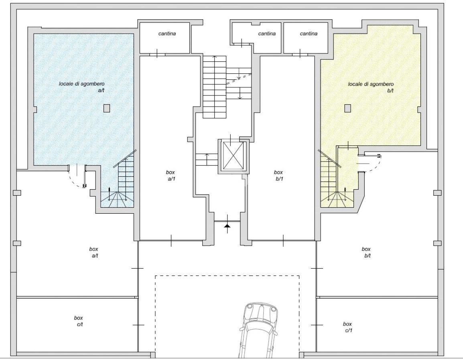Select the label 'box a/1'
[x=171, y=176]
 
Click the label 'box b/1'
[x=278, y=176]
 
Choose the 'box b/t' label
[x=366, y=253]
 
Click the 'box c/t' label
[x=79, y=321]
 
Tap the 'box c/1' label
[x=348, y=327]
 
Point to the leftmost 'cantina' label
[x=167, y=34]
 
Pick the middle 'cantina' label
[x=267, y=34]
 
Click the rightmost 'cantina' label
[x=309, y=34]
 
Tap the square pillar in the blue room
[x=107, y=108]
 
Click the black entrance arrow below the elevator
[x=227, y=225]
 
